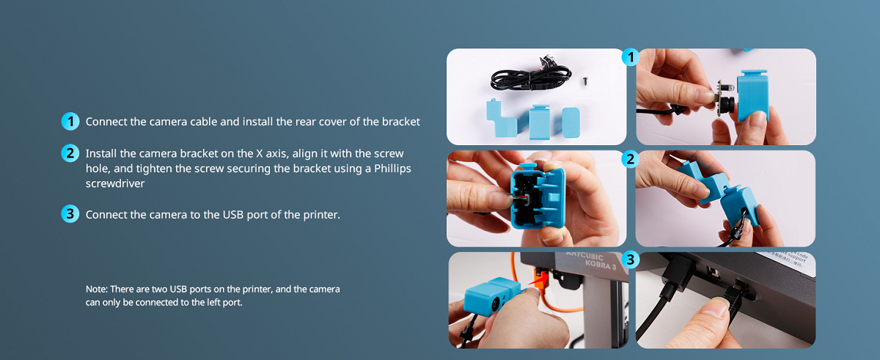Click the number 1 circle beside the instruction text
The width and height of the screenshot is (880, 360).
coord(70,122)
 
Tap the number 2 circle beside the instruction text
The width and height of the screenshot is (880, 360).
coord(70,154)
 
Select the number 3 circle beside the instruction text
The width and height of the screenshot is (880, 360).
coord(70,214)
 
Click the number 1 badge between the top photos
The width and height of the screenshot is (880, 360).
coord(630,57)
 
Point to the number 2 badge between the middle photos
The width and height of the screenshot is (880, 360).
coord(630,159)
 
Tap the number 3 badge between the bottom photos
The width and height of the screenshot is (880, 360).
coord(630,260)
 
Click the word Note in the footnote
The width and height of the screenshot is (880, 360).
coord(97,290)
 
